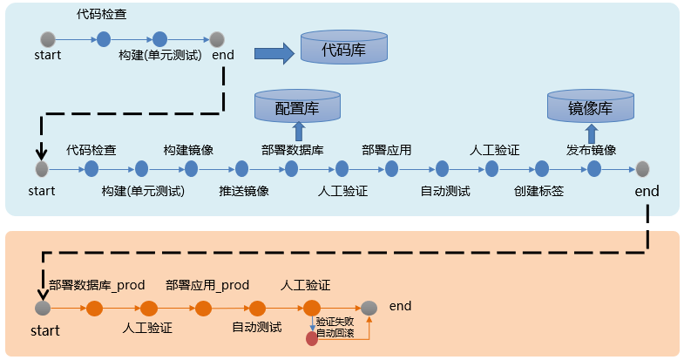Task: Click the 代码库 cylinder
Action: pyautogui.click(x=344, y=49)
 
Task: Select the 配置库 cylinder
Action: pyautogui.click(x=297, y=107)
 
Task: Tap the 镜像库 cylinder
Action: pyautogui.click(x=590, y=108)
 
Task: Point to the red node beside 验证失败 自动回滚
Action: pyautogui.click(x=312, y=338)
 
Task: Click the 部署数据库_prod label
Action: pyautogui.click(x=97, y=285)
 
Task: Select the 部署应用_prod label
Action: pyautogui.click(x=207, y=285)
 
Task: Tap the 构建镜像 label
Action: pyautogui.click(x=189, y=149)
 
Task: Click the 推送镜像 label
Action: pyautogui.click(x=244, y=191)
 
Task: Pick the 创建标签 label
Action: pyautogui.click(x=538, y=191)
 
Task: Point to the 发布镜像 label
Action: pyautogui.click(x=591, y=149)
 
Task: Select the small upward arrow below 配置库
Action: pyautogui.click(x=297, y=132)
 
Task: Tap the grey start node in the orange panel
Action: pyautogui.click(x=43, y=309)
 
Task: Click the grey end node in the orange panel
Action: pyautogui.click(x=369, y=308)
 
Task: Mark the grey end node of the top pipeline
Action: pyautogui.click(x=217, y=39)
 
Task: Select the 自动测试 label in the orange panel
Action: pyautogui.click(x=256, y=328)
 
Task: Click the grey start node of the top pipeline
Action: pyautogui.click(x=49, y=39)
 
